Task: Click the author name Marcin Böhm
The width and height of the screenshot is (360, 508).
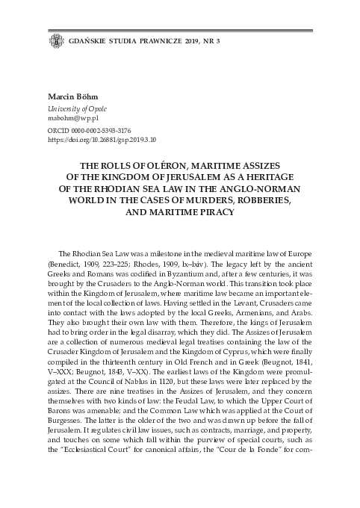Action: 72,98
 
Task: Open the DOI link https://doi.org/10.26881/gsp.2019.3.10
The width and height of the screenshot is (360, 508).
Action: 102,139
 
